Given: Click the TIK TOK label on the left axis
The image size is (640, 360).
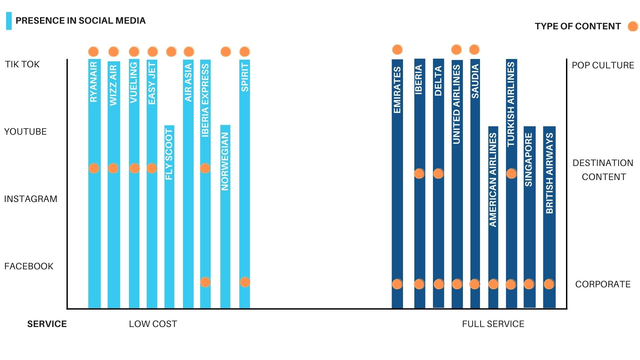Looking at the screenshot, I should tap(22, 64).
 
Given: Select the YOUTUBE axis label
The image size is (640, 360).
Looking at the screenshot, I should tap(25, 132).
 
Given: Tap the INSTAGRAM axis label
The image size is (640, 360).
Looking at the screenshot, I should tap(31, 199).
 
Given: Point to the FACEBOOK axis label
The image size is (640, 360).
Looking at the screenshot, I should tap(29, 266).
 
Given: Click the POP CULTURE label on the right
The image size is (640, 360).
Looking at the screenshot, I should tap(603, 65).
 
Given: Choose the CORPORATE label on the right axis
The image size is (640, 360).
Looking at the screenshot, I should tap(603, 284).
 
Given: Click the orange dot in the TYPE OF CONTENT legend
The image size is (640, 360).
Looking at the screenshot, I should tap(632, 26).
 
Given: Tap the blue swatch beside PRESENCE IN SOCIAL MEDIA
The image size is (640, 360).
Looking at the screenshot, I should tap(9, 21).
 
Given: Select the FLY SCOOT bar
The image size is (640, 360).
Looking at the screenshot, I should tap(169, 233).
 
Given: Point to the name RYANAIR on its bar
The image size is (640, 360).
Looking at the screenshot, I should tap(94, 82).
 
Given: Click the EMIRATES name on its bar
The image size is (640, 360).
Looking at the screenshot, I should tap(397, 90).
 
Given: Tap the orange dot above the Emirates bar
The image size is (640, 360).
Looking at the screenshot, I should tap(397, 50).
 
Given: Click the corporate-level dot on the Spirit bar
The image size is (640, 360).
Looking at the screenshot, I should tap(245, 282).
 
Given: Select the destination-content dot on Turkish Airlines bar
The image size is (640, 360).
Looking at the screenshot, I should tap(511, 173).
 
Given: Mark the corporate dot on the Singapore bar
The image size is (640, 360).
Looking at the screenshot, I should tap(529, 284).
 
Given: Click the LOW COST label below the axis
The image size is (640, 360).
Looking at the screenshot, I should tap(153, 324).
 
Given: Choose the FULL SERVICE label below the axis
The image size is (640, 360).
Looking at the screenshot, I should tap(493, 324).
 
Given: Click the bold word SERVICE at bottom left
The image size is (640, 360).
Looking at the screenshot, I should tap(47, 324).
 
